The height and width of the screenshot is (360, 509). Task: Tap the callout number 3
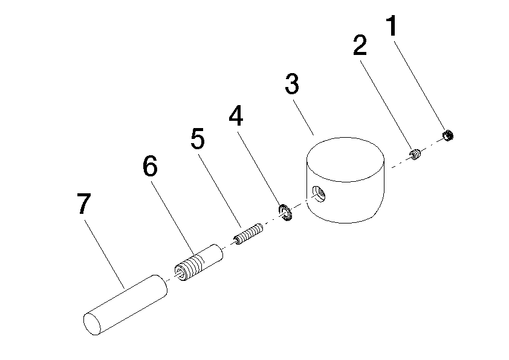pos(292,83)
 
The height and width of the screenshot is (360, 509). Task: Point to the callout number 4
pos(236,115)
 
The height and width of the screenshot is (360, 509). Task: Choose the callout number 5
pos(198,138)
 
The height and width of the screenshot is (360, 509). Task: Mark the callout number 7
pos(84,204)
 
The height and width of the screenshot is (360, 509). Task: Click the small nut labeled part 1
pos(448,135)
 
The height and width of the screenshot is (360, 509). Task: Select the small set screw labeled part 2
pos(415,154)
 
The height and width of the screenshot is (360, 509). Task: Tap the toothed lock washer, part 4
pos(285,213)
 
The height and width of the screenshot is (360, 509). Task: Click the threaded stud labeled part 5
pos(248,234)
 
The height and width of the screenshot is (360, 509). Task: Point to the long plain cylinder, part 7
pos(125,305)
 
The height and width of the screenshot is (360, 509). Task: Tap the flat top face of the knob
pos(346,159)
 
